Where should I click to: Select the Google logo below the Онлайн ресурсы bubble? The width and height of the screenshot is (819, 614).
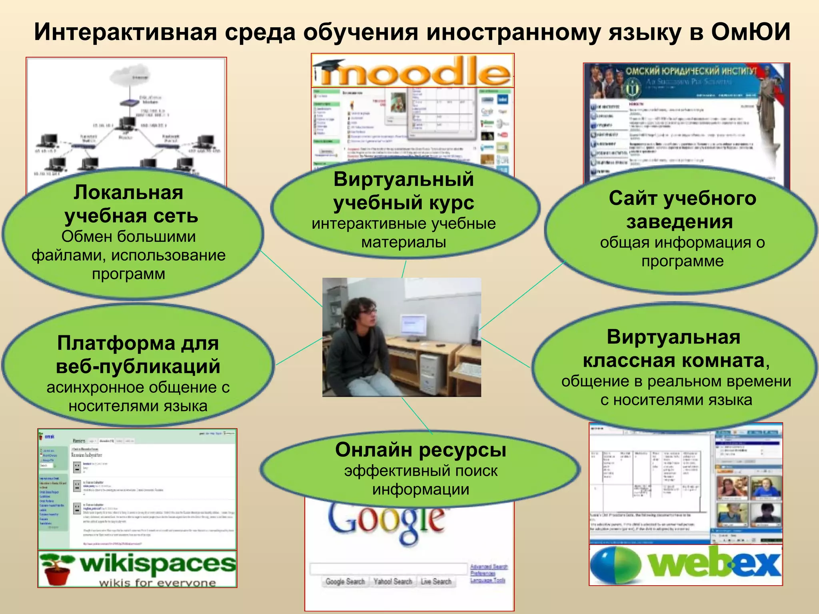(x=386, y=522)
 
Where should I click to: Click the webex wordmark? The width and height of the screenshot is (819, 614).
(x=714, y=564)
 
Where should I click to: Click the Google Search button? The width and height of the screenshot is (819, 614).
(x=345, y=582)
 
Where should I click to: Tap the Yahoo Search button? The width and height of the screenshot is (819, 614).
(x=393, y=582)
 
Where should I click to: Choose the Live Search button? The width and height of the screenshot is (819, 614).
(x=436, y=582)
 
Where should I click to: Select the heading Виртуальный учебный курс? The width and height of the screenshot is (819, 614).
(x=404, y=191)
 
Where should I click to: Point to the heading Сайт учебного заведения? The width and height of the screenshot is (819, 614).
(x=682, y=210)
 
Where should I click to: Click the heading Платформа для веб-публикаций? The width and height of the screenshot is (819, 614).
(x=138, y=355)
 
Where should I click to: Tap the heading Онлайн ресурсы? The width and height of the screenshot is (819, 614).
(x=421, y=450)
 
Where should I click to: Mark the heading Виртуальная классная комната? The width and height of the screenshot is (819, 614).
(x=675, y=349)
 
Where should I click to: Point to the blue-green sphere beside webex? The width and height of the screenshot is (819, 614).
(x=615, y=565)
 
